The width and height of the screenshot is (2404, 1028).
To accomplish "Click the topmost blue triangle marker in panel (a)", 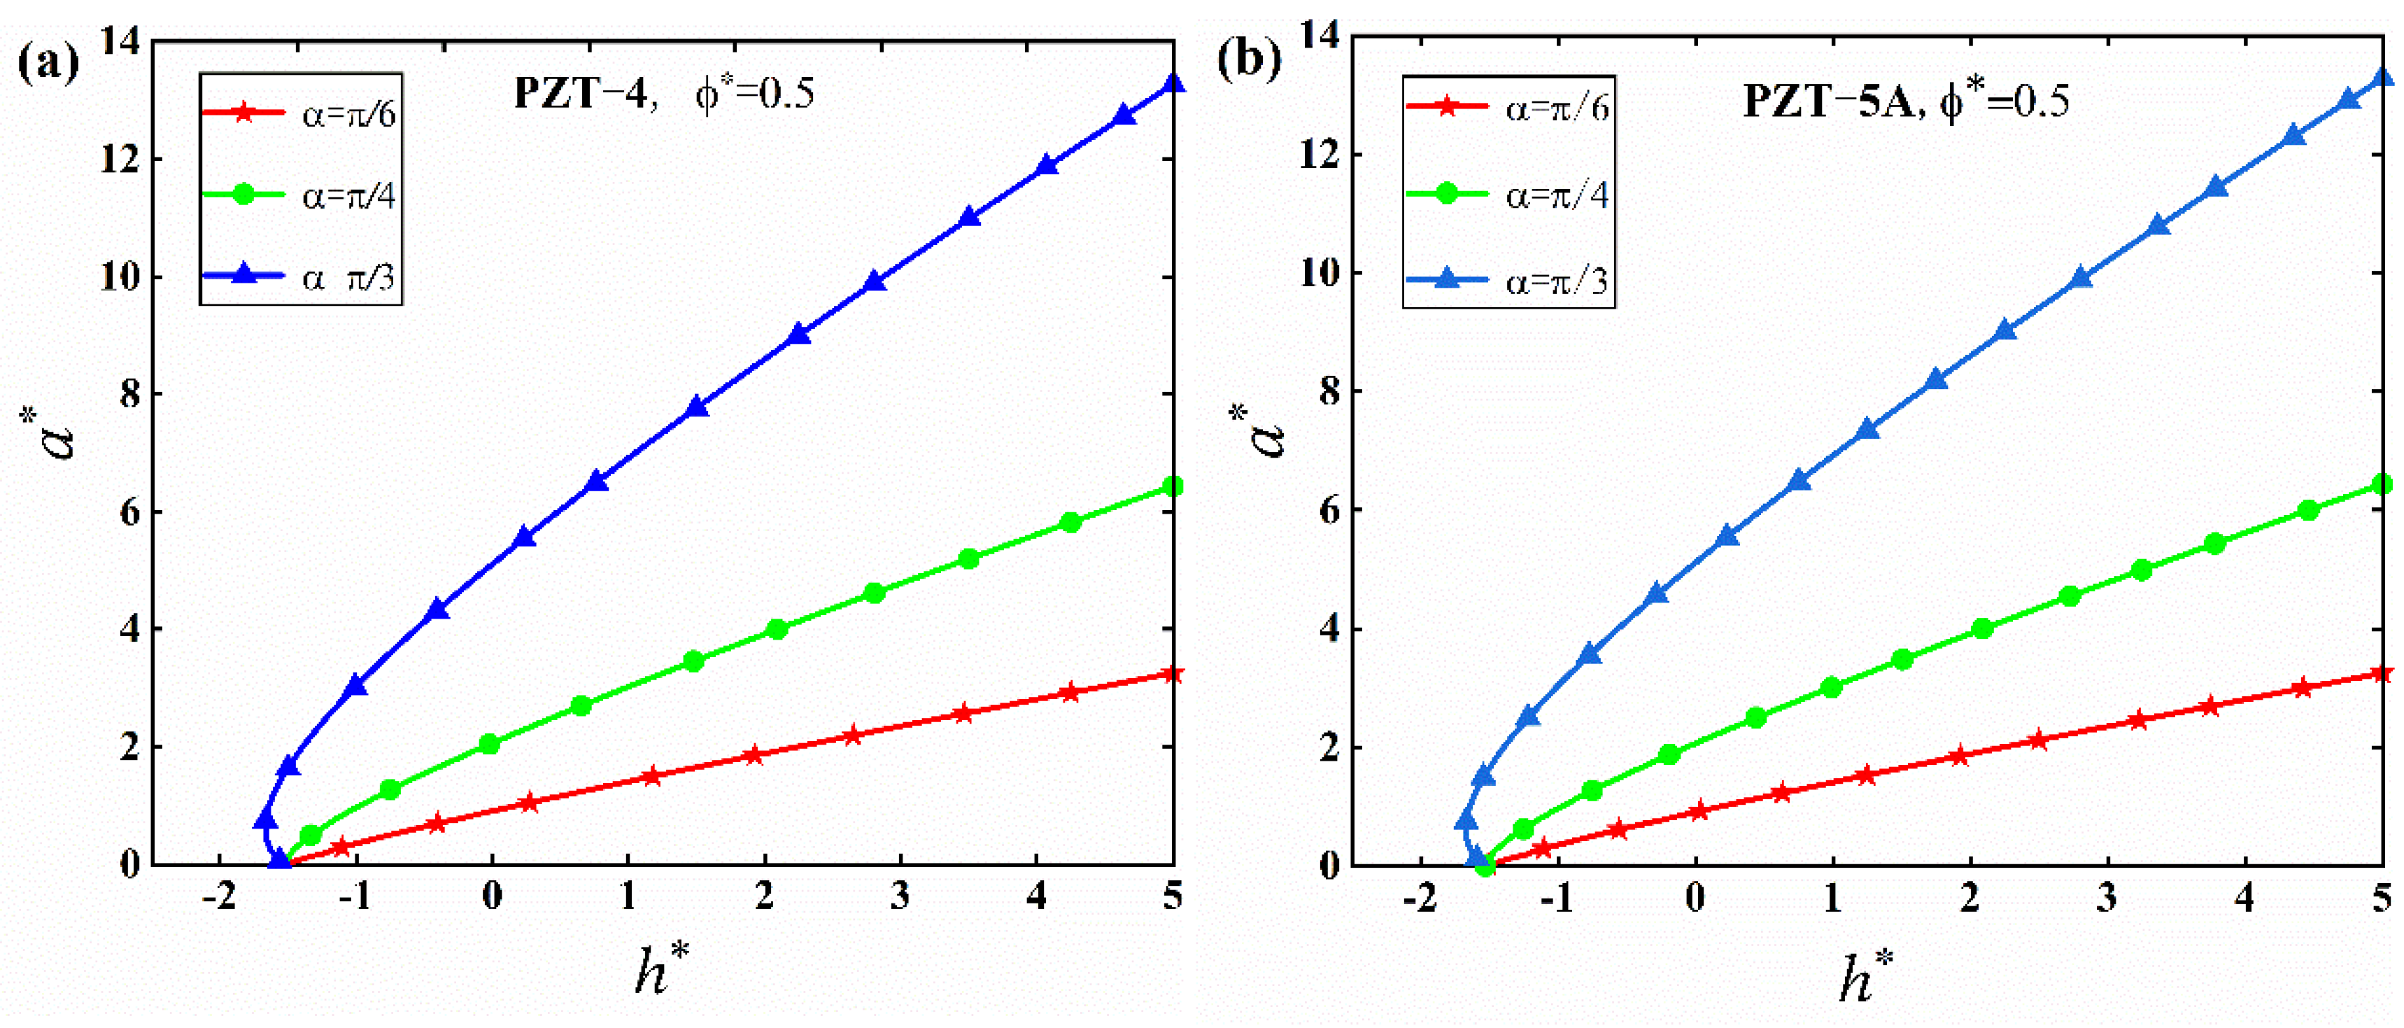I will [1173, 84].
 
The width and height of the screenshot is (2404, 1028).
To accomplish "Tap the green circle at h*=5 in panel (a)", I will [1173, 486].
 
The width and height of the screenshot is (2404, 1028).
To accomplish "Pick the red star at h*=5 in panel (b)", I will [2381, 673].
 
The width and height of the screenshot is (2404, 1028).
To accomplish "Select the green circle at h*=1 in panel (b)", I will [1831, 687].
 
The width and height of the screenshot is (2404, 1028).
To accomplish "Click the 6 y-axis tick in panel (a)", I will [129, 512].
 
